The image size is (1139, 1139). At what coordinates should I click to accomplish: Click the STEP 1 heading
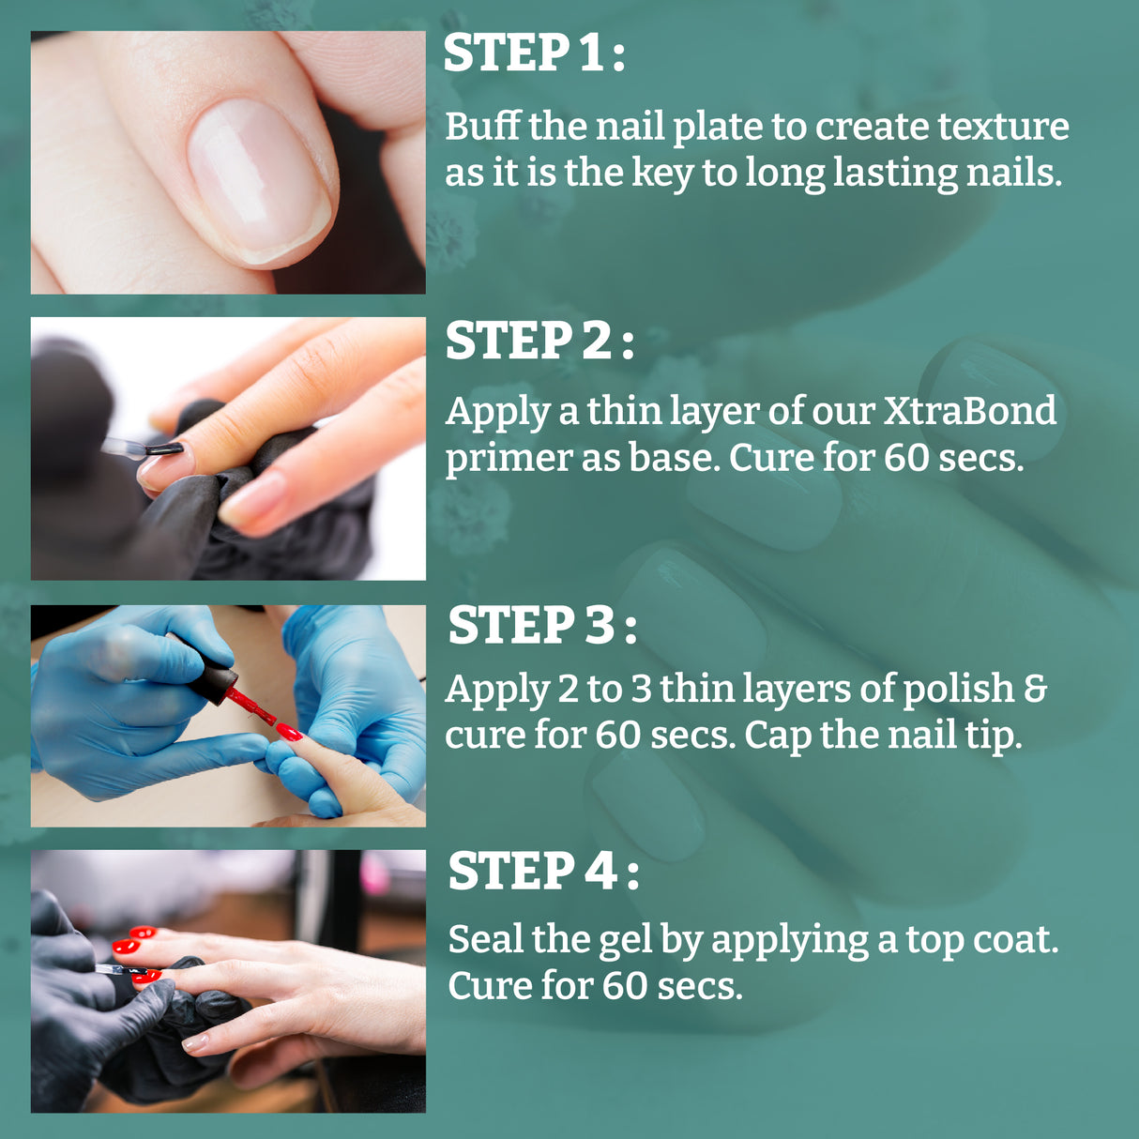tap(533, 53)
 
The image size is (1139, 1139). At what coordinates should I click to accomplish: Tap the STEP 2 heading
tap(539, 341)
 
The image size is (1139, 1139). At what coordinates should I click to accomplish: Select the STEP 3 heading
tap(541, 626)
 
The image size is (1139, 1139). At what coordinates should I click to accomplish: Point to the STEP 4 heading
tap(543, 872)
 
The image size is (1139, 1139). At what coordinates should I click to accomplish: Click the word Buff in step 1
tap(481, 127)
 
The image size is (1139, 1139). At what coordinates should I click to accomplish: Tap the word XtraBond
tap(969, 411)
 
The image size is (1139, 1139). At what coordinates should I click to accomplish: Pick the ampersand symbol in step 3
tap(1035, 689)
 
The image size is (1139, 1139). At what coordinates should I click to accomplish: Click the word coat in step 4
tap(1016, 939)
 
